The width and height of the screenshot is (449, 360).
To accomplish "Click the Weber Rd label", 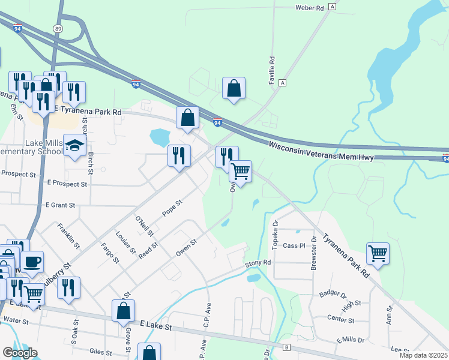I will (309, 8).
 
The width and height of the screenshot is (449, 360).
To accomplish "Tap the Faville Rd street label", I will (271, 70).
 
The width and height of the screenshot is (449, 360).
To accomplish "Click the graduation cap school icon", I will (74, 146).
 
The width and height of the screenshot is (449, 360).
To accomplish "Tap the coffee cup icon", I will (32, 262).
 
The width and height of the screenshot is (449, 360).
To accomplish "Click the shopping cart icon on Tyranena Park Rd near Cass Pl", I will (378, 253).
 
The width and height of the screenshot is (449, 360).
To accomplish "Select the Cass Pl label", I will (294, 245).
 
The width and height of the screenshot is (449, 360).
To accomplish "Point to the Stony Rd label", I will (258, 263).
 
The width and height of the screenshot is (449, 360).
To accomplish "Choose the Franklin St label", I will (68, 236).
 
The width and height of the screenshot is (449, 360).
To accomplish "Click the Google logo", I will (20, 353).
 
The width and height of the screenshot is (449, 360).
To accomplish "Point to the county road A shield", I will (282, 82).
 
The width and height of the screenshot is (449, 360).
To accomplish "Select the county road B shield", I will (286, 347).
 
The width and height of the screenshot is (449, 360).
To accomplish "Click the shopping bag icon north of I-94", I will (234, 88).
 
